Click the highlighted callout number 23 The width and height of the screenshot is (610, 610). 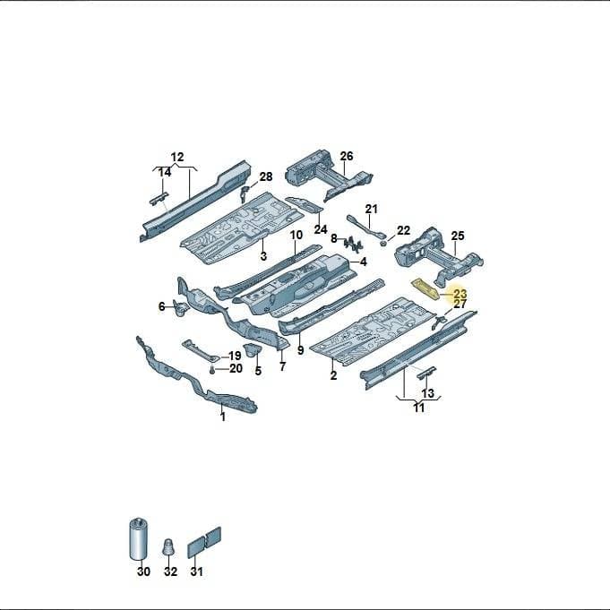[460, 293]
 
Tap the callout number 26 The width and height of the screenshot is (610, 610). [347, 156]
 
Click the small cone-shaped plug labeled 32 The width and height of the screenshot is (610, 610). [168, 547]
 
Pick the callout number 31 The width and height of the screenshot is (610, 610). [197, 571]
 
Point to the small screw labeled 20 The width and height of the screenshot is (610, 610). [212, 371]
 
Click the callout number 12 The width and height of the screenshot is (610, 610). [177, 157]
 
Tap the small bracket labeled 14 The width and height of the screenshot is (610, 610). [159, 198]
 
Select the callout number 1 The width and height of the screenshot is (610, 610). [223, 417]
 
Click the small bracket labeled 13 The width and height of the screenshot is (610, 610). [426, 373]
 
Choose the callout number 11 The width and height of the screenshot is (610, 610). [418, 408]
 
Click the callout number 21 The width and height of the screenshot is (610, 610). [371, 209]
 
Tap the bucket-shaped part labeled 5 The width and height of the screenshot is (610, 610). [252, 350]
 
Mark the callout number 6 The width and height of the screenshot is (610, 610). [162, 306]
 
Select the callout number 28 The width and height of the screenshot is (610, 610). [266, 176]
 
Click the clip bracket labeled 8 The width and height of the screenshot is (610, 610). [353, 244]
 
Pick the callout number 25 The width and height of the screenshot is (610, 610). [458, 236]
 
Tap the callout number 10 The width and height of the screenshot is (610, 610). [296, 235]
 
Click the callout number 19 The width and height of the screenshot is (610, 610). [235, 356]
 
